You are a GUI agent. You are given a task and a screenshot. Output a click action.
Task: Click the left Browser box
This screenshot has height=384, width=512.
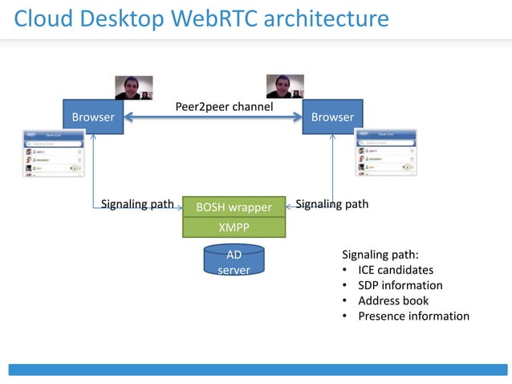point(93,117)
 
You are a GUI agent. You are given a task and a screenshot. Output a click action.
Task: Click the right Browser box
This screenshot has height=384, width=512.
point(332,117)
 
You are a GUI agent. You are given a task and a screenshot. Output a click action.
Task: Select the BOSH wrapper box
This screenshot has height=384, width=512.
point(234,207)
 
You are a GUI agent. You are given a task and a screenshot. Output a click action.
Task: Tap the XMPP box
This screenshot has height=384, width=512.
point(234,227)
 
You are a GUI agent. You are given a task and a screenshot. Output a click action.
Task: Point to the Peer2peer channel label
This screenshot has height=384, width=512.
point(224,107)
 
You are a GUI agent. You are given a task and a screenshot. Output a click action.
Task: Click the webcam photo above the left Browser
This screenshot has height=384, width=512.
point(133,87)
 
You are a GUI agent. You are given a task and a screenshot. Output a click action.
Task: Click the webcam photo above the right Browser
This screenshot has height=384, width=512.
point(285,86)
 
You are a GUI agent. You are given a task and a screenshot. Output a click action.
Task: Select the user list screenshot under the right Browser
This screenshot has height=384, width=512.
point(387,153)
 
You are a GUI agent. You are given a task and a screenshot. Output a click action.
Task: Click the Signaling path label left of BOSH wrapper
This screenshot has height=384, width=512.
point(137,204)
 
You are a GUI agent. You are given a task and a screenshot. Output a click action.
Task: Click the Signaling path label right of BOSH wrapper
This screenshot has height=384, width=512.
point(332,204)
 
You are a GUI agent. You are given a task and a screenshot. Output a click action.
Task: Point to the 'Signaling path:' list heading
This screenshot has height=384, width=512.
point(380,255)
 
